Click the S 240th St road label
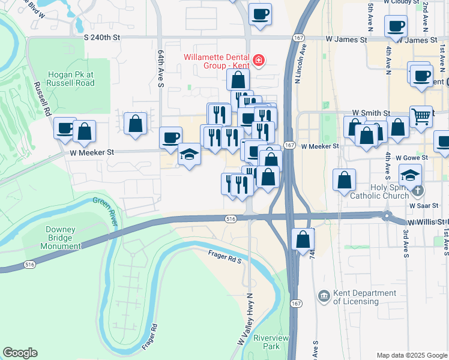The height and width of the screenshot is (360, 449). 102,37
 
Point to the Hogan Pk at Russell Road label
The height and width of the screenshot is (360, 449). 68,79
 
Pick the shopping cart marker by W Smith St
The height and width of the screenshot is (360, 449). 421,116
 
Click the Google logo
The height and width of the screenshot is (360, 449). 20,353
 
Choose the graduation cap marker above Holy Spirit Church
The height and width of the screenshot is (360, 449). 411,175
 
